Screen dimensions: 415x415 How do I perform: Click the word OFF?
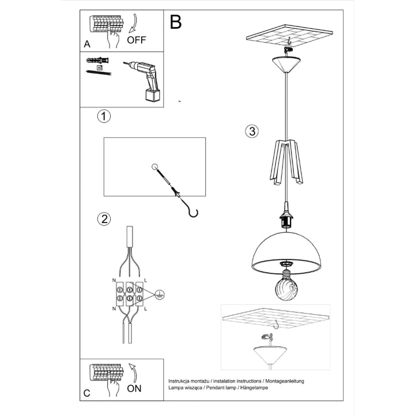tap(136, 40)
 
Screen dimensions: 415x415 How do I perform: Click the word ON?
tap(134, 388)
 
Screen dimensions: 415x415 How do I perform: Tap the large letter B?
tap(176, 22)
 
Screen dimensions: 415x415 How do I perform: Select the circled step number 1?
tap(104, 116)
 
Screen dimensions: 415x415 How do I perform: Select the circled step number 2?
tap(104, 219)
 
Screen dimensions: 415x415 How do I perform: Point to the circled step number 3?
tap(252, 131)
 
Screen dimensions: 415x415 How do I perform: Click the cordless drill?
tap(143, 81)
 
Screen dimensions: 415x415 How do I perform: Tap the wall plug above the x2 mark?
tap(97, 60)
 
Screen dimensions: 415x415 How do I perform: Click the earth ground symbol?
tap(160, 295)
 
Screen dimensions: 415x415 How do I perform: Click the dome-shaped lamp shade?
tap(286, 250)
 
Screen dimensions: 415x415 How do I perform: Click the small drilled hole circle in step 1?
tap(154, 167)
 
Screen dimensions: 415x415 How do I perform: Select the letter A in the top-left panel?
tap(87, 44)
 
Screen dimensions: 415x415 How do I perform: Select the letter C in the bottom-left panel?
tap(87, 393)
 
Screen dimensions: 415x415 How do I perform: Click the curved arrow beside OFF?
tap(134, 24)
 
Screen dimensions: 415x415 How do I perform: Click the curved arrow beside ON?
tap(133, 373)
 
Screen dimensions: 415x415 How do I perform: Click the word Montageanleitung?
tap(285, 381)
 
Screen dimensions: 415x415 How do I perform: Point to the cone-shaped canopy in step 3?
tap(286, 65)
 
